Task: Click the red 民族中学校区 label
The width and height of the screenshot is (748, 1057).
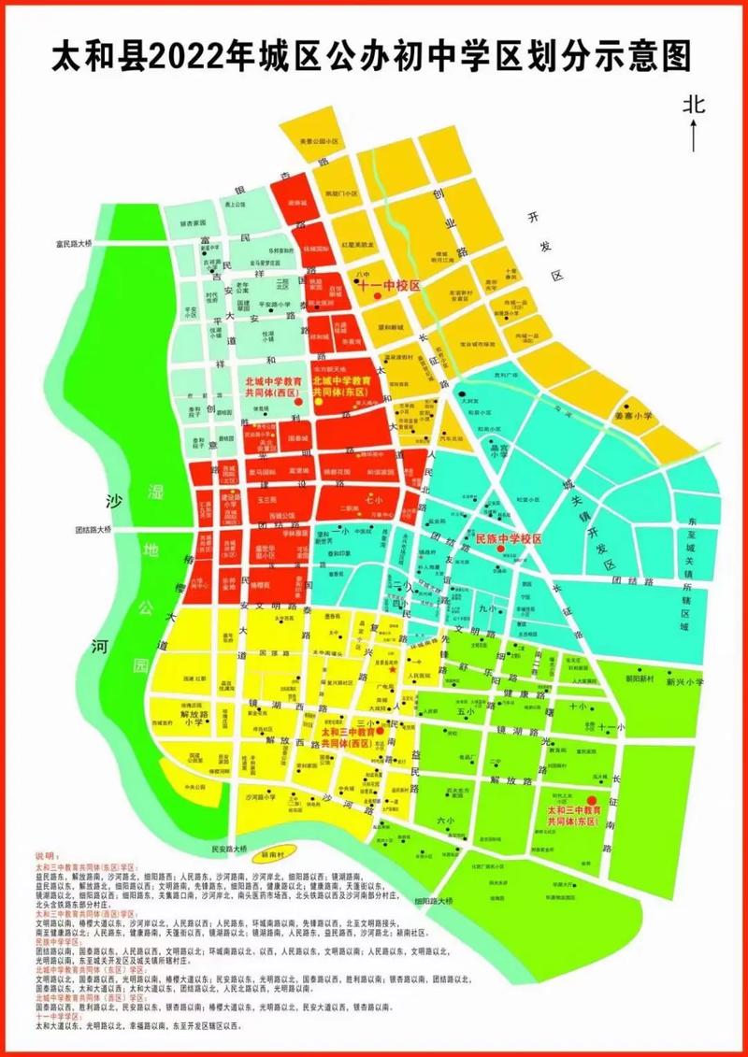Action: pyautogui.click(x=510, y=539)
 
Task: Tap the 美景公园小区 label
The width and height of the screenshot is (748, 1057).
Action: pyautogui.click(x=316, y=141)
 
